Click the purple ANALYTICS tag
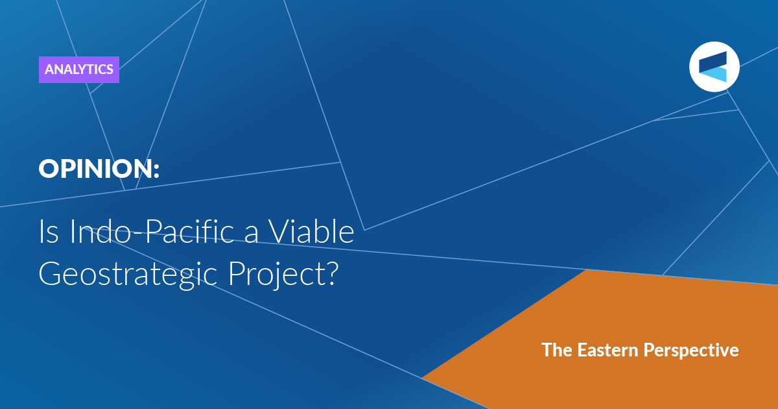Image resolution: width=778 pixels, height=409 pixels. [x=79, y=69]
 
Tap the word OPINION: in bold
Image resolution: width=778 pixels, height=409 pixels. [x=99, y=169]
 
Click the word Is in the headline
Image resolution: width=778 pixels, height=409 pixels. [x=49, y=231]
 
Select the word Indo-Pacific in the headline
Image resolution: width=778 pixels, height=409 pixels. [x=152, y=231]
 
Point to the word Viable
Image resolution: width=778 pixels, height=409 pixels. [x=312, y=231]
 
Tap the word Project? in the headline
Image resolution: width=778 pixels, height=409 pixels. [x=283, y=275]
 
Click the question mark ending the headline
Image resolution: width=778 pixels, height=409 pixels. [x=332, y=273]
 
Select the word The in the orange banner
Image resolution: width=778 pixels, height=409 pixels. [x=556, y=350]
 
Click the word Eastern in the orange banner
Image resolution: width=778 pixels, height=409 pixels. [x=608, y=350]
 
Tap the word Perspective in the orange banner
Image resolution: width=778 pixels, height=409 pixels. [x=691, y=351]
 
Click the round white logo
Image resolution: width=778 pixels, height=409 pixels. [x=714, y=67]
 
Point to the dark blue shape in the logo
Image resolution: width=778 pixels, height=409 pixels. [x=713, y=62]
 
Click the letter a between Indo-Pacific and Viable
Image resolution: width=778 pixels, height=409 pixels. [x=252, y=234]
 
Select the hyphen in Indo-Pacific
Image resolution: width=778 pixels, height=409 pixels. [x=138, y=234]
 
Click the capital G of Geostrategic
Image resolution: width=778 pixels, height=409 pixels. [x=49, y=274]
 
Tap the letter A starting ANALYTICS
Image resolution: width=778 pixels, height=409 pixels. [x=50, y=69]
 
